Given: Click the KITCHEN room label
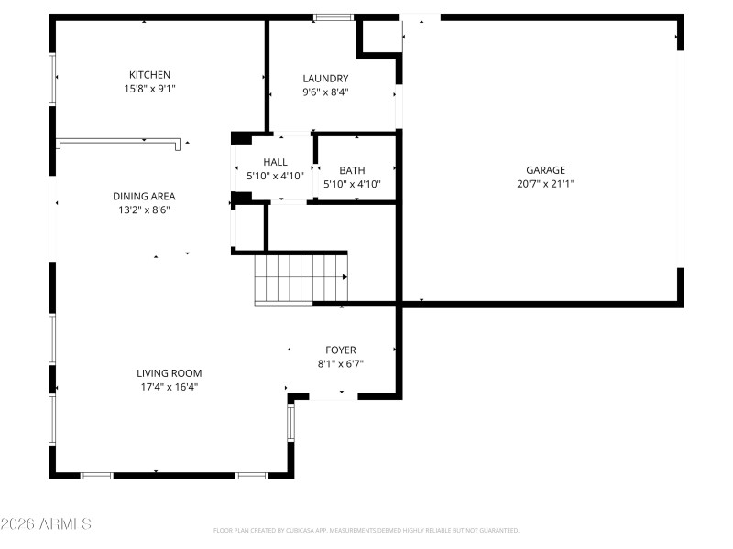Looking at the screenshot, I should point(149,75).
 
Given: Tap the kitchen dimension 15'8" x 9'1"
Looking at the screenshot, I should point(149,89).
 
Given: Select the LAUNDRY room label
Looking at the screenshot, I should point(325,79).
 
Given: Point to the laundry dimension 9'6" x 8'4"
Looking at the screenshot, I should point(325,91).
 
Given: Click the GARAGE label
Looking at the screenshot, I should point(545,170).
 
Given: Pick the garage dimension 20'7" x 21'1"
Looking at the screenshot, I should point(545,183).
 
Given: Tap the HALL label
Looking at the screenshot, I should point(275,162).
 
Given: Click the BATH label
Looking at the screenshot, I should point(352,170).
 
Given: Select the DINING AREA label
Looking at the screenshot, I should point(144,196).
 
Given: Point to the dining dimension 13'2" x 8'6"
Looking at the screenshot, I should point(144,210).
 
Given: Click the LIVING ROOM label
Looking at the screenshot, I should point(169,373).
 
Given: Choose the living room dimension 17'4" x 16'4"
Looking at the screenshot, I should point(169,387).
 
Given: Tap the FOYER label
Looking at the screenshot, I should point(341,350).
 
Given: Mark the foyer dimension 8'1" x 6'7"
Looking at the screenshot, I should point(341,363).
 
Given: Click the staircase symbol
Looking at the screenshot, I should point(301,279).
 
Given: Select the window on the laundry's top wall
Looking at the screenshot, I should point(334,16).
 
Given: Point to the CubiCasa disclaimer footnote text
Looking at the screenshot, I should point(366,530).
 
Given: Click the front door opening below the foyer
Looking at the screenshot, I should point(334,396).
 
